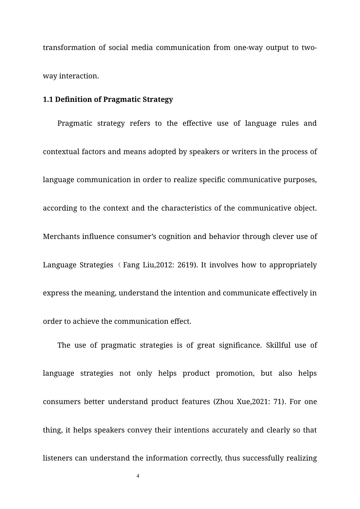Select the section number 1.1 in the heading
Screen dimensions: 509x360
tap(48, 100)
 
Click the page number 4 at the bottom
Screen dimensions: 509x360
tap(138, 476)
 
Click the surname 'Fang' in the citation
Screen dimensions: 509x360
tap(131, 265)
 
